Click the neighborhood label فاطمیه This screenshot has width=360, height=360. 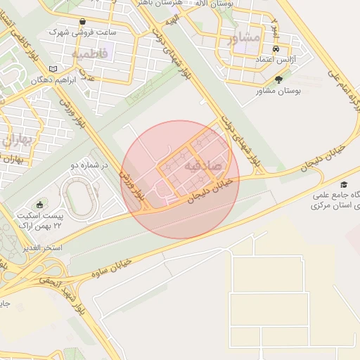(90, 53)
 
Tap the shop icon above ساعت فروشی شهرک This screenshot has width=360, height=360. (84, 21)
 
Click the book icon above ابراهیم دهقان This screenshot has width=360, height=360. (53, 69)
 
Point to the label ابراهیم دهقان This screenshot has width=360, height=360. (53, 80)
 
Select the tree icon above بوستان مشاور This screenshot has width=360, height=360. (279, 79)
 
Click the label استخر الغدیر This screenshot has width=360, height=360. (43, 248)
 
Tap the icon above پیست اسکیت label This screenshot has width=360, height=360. (40, 205)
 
